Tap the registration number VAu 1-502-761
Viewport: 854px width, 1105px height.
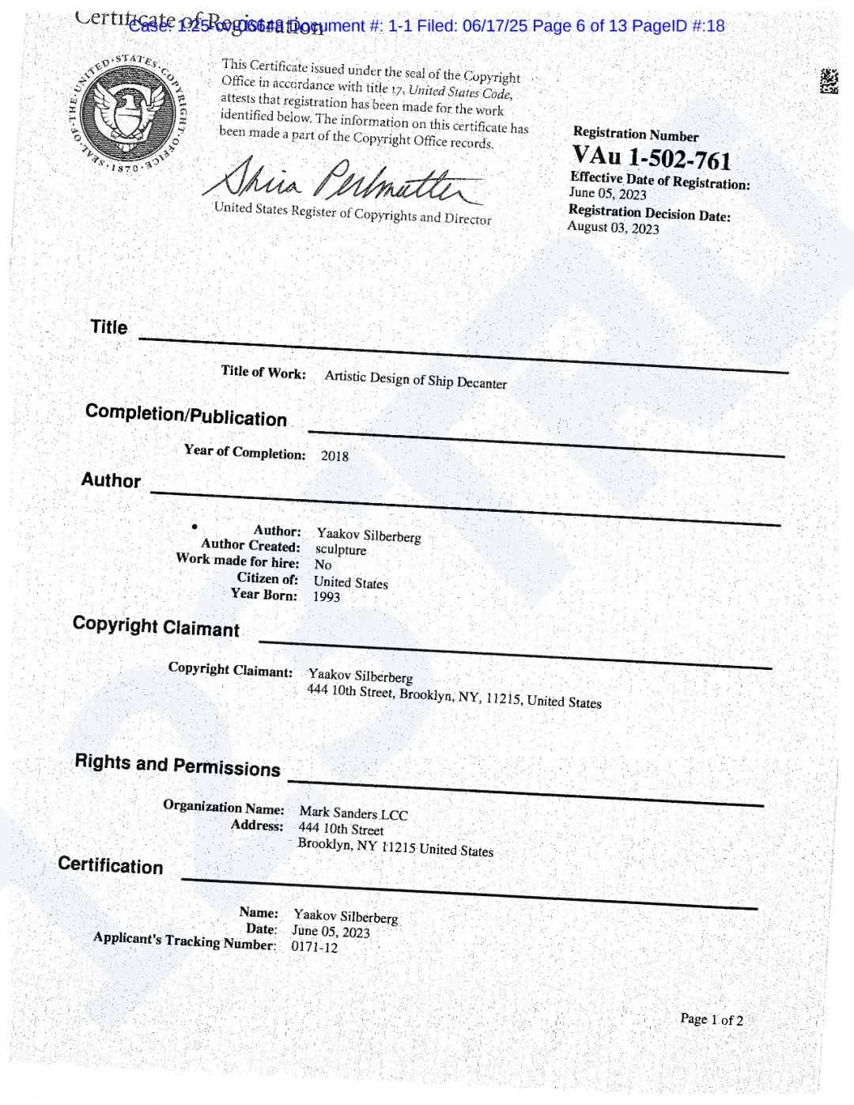(652, 157)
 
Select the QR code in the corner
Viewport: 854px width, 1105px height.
(828, 81)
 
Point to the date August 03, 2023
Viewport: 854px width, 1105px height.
(613, 228)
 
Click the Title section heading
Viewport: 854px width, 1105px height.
(108, 327)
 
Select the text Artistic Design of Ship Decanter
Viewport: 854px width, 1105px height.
(415, 380)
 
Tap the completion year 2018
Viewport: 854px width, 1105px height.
(334, 456)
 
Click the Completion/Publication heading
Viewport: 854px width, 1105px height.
(186, 415)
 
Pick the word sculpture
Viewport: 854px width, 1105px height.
(341, 550)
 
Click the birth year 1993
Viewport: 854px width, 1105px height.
(326, 596)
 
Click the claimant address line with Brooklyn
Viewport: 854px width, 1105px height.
(454, 696)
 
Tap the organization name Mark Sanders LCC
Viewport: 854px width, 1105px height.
(353, 813)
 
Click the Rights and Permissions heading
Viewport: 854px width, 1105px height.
(177, 765)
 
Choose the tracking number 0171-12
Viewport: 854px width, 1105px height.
(314, 947)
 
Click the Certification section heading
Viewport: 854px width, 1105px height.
(110, 865)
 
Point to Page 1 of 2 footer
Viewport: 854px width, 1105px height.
(712, 1020)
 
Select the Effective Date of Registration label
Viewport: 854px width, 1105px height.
(659, 181)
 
